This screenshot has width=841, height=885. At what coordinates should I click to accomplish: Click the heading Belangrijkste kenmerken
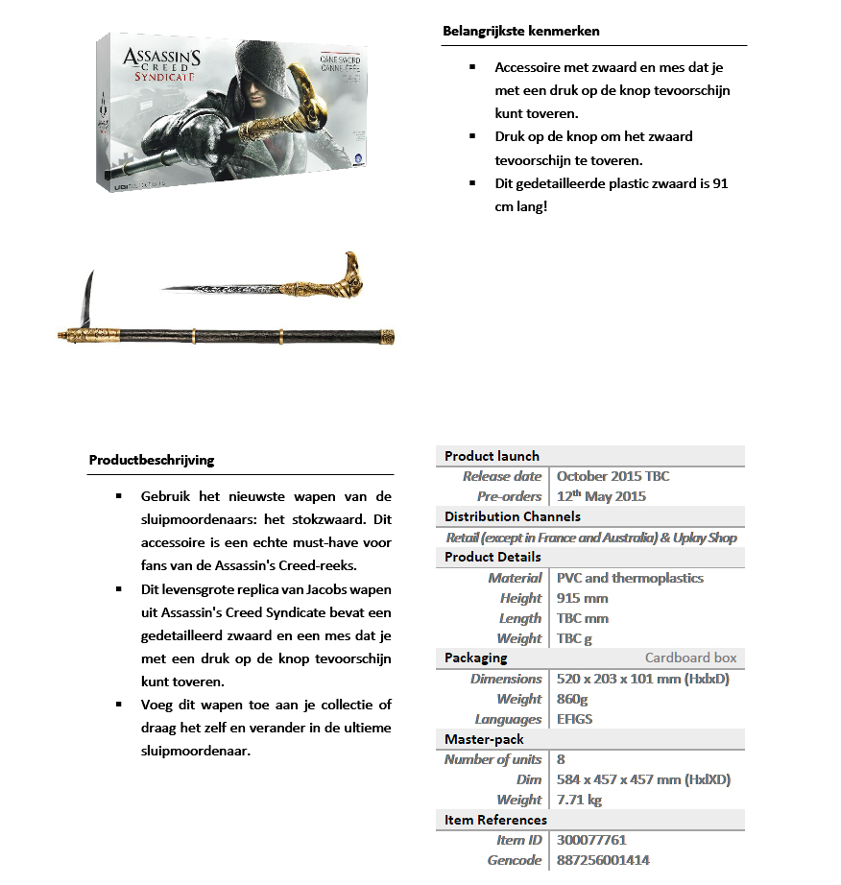[x=520, y=31]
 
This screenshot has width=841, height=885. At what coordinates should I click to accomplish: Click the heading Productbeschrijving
[x=151, y=460]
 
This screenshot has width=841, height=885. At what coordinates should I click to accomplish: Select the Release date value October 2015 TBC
[x=613, y=476]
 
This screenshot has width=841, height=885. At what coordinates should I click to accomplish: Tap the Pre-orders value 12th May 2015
[x=601, y=496]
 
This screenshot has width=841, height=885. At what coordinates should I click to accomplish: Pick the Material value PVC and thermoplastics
[x=630, y=578]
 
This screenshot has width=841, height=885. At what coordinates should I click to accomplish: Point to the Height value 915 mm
[x=582, y=598]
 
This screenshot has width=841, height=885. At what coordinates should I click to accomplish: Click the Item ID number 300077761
[x=591, y=840]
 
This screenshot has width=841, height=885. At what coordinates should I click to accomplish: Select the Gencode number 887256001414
[x=603, y=860]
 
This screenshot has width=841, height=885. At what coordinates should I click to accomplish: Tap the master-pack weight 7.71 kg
[x=579, y=800]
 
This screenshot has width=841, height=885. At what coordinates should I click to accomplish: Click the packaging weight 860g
[x=573, y=699]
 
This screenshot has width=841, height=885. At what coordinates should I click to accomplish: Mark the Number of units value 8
[x=562, y=759]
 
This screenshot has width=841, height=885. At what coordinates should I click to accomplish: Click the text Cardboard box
[x=690, y=658]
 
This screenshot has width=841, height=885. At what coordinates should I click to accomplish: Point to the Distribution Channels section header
[x=512, y=516]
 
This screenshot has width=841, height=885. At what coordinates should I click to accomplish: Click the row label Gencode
[x=514, y=860]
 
